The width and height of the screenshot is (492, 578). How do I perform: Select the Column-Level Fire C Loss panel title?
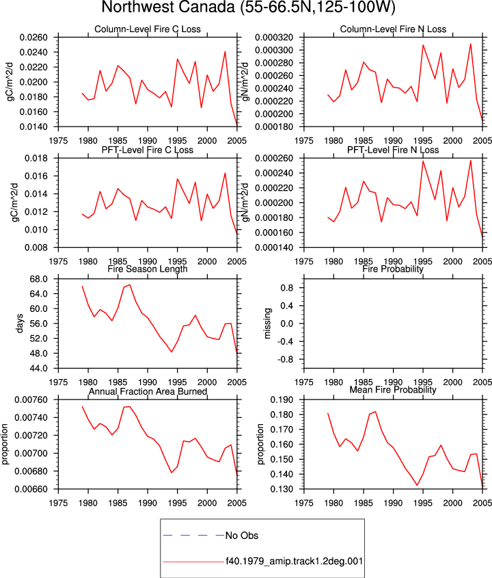(148, 29)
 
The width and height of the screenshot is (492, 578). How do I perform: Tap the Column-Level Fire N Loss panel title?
(393, 29)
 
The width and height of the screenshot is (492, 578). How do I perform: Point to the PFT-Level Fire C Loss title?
(148, 150)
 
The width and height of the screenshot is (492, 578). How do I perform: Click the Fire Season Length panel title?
(148, 269)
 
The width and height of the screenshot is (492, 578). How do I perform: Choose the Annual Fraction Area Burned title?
(148, 391)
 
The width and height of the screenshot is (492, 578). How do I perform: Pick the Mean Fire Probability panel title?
(393, 390)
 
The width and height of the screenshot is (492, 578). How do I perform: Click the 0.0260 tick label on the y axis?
(33, 38)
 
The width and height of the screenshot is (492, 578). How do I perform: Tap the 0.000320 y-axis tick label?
(274, 38)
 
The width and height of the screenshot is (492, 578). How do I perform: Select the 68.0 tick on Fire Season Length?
(39, 279)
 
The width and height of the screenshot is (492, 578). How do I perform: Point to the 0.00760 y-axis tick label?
(31, 400)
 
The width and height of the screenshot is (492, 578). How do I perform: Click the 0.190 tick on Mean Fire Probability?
(282, 400)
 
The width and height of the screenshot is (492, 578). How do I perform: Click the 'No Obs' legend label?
(242, 536)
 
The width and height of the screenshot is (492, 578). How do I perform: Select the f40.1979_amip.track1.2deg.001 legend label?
(295, 562)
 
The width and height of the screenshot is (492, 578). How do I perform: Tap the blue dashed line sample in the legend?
(193, 535)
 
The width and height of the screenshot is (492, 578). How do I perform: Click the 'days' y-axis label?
(19, 324)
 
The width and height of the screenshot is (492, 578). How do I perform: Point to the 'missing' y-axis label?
(267, 324)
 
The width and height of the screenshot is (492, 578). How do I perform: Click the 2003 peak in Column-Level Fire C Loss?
(225, 51)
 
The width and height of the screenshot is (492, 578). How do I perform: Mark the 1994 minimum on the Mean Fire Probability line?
(417, 485)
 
